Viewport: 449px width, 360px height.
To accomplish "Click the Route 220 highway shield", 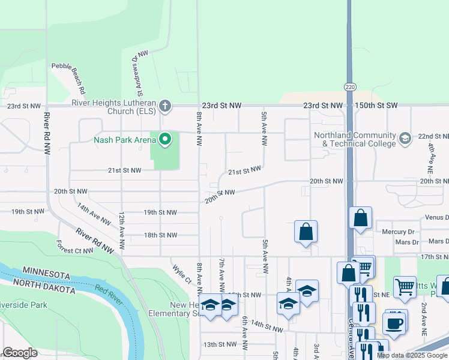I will tap(349, 87).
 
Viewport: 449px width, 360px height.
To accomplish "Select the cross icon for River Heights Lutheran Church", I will tap(166, 106).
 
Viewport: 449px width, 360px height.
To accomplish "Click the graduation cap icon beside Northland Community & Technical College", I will tap(406, 139).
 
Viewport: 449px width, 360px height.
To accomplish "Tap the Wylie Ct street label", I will tap(181, 275).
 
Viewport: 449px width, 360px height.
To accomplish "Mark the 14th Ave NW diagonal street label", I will tap(94, 214).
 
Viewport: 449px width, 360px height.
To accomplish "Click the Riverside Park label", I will tap(24, 305).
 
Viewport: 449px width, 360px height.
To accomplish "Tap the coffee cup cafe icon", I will tap(395, 323).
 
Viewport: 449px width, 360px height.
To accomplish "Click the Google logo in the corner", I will tap(20, 353).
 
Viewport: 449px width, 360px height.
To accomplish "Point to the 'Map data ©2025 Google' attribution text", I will tap(412, 355).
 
